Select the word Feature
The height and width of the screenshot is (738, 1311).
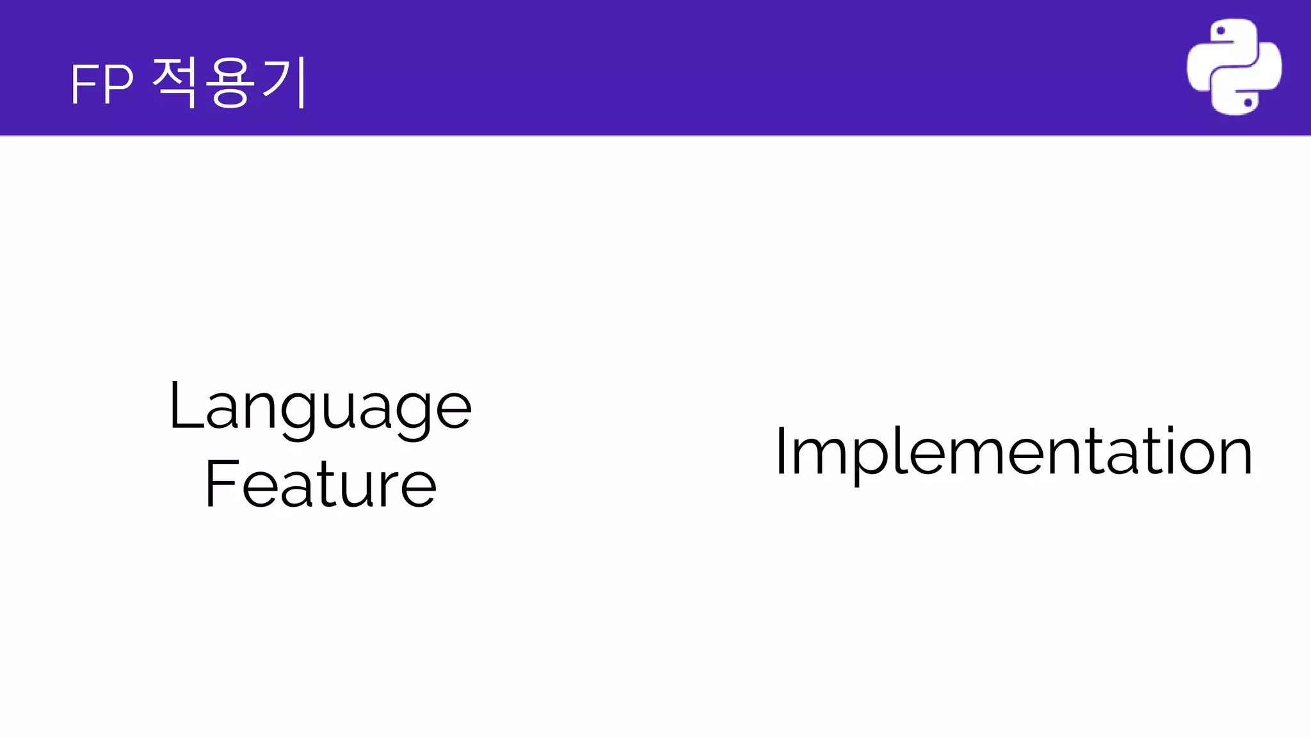[x=320, y=484]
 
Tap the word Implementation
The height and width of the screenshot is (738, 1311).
[x=1013, y=453]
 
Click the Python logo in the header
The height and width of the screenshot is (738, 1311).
[x=1234, y=67]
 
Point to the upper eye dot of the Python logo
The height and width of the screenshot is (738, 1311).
[x=1220, y=31]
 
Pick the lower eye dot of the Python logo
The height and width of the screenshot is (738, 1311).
[x=1248, y=102]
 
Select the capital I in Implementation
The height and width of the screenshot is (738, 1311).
[x=780, y=452]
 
